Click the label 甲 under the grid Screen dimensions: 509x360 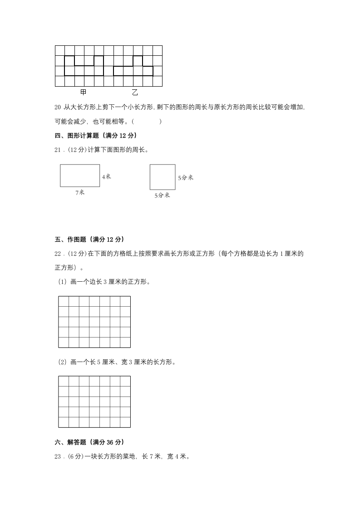coord(83,93)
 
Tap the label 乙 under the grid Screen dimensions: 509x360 coord(135,93)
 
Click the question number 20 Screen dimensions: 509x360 coord(57,108)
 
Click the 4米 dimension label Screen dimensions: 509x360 coord(106,176)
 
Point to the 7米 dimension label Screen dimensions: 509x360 coord(80,192)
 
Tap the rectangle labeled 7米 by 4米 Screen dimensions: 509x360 coord(80,175)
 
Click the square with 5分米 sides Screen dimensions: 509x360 coord(163,177)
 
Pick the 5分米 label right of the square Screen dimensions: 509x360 coord(185,178)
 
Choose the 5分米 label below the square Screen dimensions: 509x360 coord(162,196)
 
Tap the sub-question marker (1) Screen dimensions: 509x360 coord(62,282)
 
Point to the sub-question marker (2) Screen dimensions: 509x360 coord(62,362)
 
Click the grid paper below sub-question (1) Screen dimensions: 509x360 coord(94,322)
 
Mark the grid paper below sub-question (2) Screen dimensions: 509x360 coord(94,401)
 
